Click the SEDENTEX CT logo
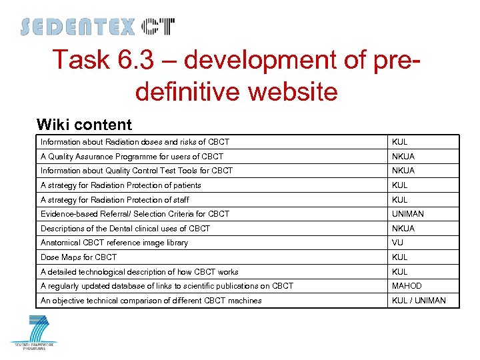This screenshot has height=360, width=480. point(97,27)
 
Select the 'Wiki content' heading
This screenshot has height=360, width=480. point(84,125)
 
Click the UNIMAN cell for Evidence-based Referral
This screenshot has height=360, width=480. point(408,214)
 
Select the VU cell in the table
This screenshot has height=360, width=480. point(398,243)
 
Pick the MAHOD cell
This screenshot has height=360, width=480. point(407,286)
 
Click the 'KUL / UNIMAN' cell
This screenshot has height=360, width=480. point(419,301)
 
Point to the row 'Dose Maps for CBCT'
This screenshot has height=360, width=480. point(79,257)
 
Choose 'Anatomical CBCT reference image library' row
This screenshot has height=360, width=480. point(114,243)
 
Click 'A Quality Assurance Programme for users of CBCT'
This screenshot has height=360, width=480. point(132,157)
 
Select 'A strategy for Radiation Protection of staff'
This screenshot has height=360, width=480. point(115,200)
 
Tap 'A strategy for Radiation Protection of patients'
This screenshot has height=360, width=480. point(121,185)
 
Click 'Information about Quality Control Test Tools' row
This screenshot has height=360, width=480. point(137,171)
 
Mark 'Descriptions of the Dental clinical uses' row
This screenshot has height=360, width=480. point(125,229)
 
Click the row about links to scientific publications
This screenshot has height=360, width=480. point(167,286)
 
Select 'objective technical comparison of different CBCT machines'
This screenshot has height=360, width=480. point(151,301)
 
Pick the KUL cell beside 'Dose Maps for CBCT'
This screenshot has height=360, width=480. point(399,257)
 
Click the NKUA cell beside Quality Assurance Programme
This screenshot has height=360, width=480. point(403,157)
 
